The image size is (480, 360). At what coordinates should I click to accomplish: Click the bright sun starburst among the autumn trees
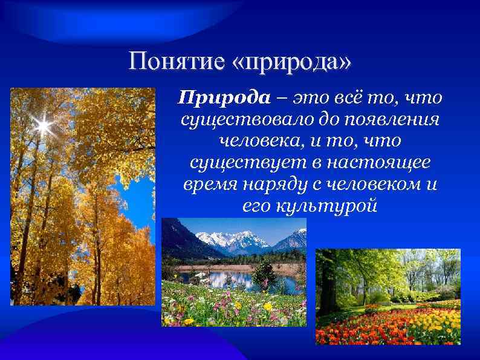[43, 126]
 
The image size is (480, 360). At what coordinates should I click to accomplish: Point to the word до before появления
[334, 119]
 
